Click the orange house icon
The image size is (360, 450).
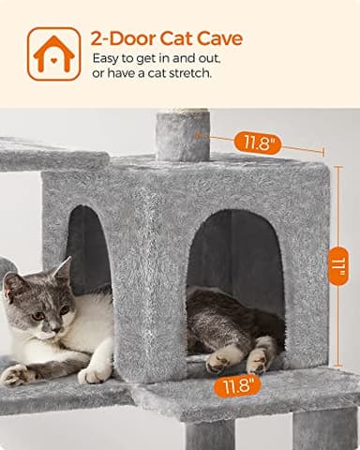[x=53, y=53]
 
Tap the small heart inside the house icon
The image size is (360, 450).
[x=53, y=58]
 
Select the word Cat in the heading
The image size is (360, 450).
[x=174, y=38]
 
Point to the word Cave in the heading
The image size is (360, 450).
[x=218, y=38]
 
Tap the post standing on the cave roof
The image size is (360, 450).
[x=182, y=134]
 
